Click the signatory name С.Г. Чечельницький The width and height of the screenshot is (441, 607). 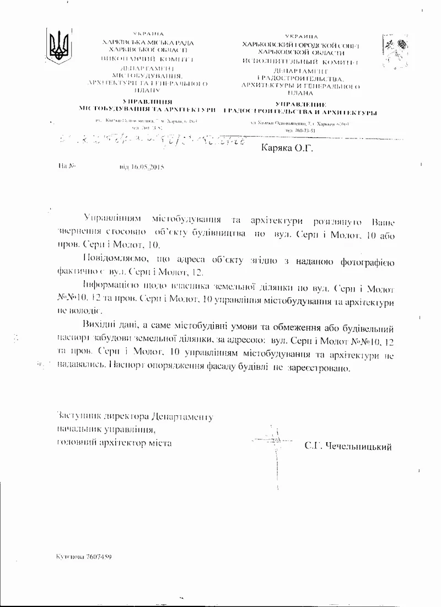348,447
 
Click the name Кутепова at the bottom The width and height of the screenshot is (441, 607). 69,557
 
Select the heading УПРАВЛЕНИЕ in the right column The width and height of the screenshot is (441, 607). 300,104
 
